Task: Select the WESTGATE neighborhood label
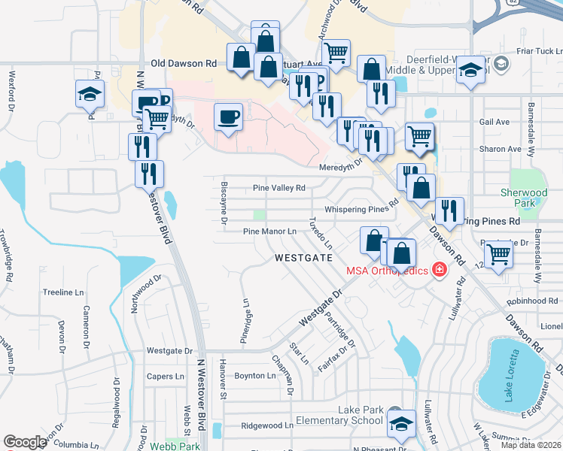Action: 303,257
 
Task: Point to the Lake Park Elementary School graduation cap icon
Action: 402,425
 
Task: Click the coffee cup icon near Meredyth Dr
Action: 228,117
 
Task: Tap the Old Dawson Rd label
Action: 184,64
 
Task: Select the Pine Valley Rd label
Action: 279,188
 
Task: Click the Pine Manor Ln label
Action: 269,232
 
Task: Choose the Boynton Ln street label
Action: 255,375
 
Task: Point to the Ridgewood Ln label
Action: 267,425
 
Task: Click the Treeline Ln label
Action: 62,292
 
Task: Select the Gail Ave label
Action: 494,122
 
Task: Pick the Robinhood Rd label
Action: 532,301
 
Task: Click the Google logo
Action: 25,442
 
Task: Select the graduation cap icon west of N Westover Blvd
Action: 90,95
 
